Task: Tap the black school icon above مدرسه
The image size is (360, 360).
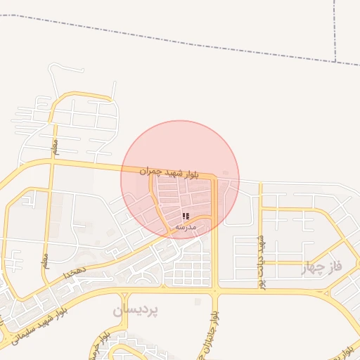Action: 186,217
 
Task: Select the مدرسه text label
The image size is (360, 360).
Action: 186,227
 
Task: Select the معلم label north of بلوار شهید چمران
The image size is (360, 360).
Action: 54,146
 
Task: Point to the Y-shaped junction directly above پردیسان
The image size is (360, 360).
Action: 163,286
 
